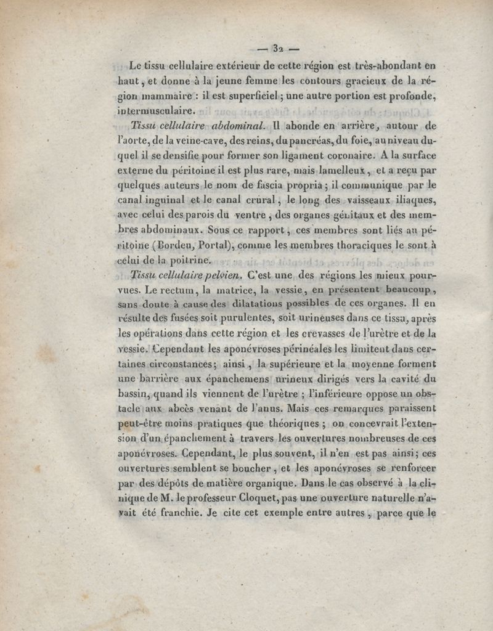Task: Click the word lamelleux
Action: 341,170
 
